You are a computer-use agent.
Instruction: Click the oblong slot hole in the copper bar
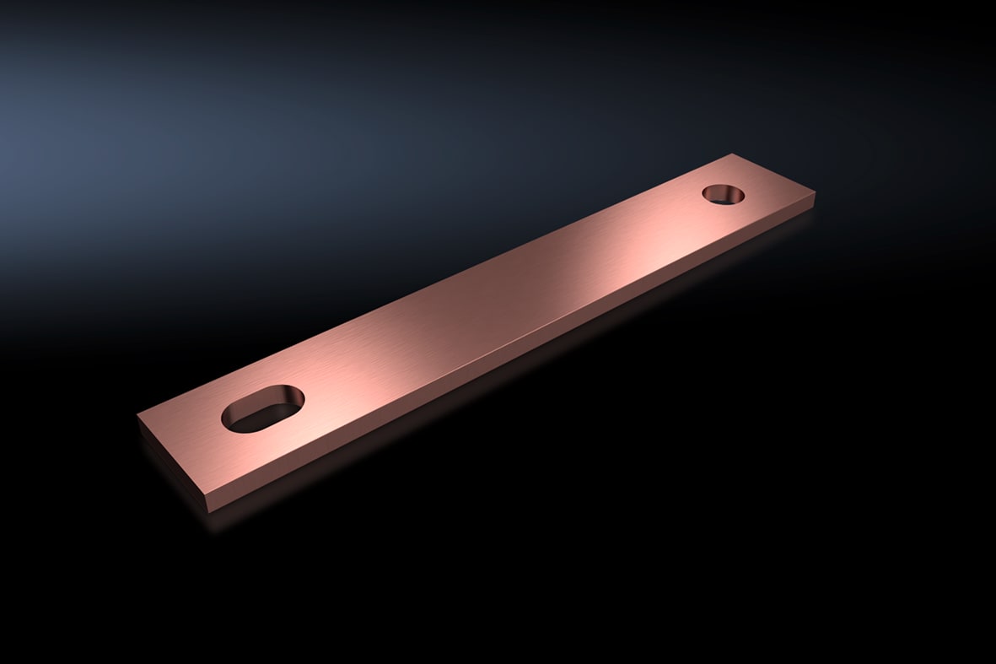[262, 409]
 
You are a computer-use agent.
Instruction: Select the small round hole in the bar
[724, 193]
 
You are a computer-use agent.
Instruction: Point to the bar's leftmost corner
[138, 415]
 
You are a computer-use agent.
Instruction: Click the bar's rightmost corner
[815, 196]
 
